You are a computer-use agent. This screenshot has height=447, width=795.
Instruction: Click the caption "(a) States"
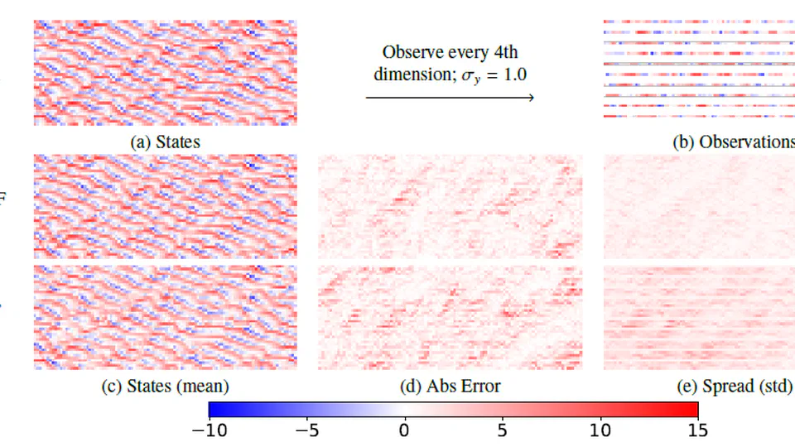(x=166, y=142)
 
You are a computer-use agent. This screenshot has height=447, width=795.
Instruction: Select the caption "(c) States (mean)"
(x=166, y=385)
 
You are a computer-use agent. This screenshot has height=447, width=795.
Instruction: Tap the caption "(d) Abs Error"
(x=450, y=385)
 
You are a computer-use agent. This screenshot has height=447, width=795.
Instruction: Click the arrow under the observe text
(x=450, y=98)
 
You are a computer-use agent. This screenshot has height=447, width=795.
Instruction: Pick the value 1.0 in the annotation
(x=513, y=74)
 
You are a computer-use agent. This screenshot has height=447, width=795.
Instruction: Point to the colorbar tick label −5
(x=306, y=431)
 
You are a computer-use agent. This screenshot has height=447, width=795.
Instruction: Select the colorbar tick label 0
(x=404, y=431)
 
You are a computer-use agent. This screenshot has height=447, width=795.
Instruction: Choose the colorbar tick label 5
(x=503, y=431)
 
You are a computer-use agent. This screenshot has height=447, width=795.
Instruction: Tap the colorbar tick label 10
(x=600, y=431)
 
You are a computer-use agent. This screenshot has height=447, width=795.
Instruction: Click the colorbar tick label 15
(x=698, y=431)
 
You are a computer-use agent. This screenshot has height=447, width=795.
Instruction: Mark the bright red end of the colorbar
(x=693, y=409)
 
